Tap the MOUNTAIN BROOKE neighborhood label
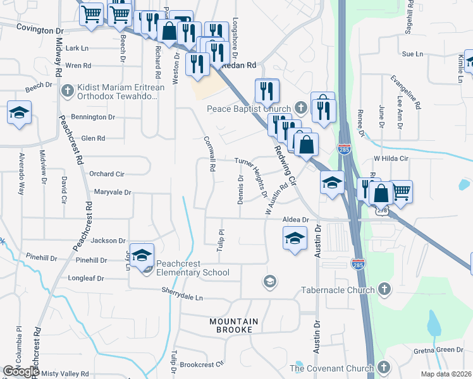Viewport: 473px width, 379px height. click(x=234, y=326)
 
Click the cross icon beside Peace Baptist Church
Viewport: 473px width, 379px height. click(x=300, y=108)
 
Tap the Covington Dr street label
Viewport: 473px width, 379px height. click(x=40, y=29)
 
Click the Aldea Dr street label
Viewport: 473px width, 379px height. click(x=295, y=219)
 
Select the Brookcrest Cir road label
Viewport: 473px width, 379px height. click(x=202, y=364)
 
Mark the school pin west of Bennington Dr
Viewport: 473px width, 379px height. click(x=19, y=112)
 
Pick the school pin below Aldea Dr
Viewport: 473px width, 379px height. click(x=294, y=239)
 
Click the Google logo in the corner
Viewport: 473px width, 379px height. click(x=21, y=371)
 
